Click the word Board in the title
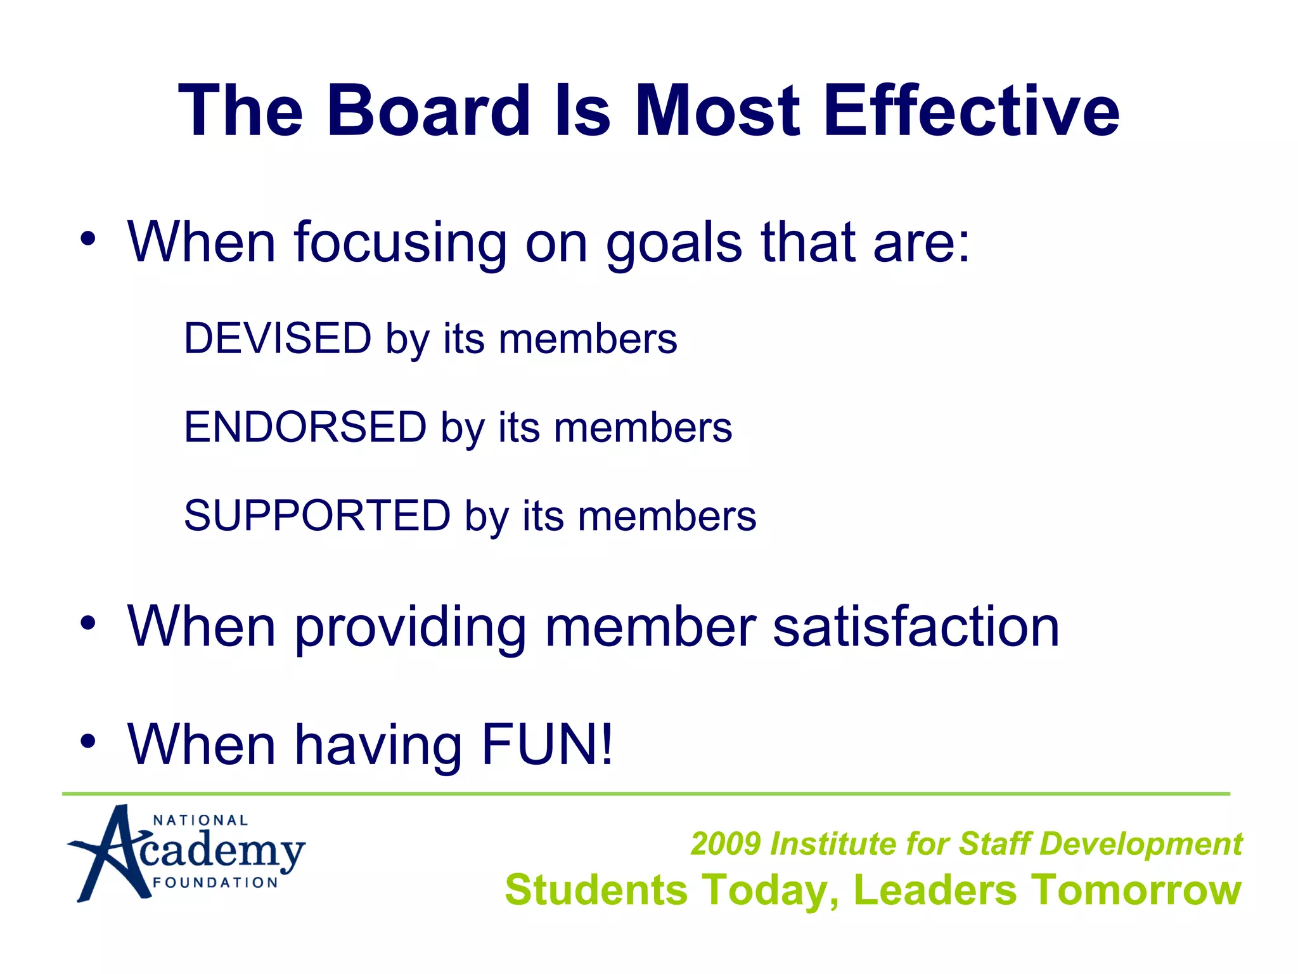428,111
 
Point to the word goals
674,244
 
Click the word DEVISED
278,338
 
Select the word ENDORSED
305,427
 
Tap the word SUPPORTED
317,516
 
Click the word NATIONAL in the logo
200,821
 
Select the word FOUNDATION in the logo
215,883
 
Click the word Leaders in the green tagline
935,890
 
